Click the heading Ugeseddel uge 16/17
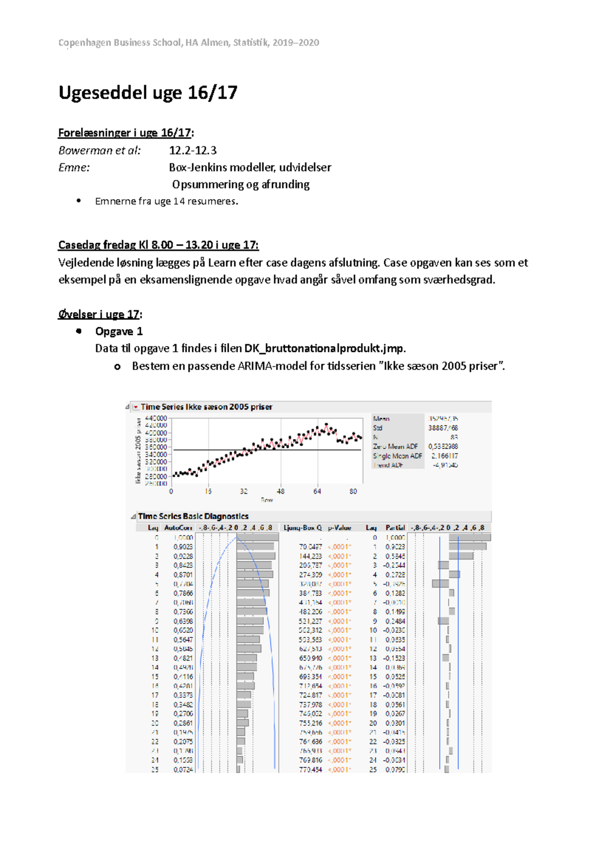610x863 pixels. [148, 93]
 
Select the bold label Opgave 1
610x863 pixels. [119, 331]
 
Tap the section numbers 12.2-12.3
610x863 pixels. [193, 150]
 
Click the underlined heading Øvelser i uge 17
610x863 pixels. [99, 314]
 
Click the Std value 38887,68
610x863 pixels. [443, 428]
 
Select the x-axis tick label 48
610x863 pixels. [281, 491]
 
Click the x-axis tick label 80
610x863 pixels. [353, 491]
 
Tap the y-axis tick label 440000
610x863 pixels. [156, 418]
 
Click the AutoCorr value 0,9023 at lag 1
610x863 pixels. [183, 547]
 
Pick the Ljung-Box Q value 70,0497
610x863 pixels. [310, 547]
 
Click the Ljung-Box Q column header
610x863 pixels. [303, 528]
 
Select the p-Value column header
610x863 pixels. [340, 528]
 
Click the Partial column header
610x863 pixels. [395, 528]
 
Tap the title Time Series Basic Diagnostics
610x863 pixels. [193, 516]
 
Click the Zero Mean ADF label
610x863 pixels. [395, 446]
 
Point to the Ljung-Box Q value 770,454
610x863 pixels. [310, 769]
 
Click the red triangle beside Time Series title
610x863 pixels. [136, 407]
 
